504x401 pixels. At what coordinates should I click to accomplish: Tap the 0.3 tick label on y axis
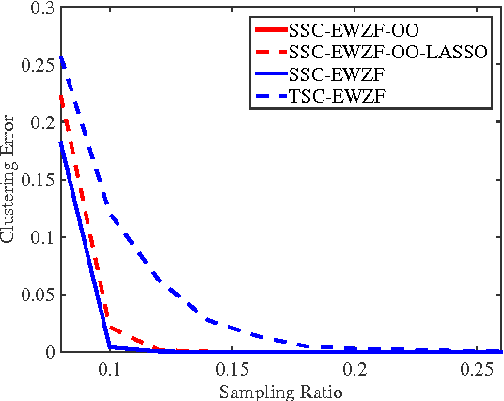pyautogui.click(x=40, y=8)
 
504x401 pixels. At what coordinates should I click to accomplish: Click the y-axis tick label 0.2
pyautogui.click(x=40, y=123)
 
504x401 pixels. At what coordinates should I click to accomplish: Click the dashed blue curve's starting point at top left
pyautogui.click(x=60, y=56)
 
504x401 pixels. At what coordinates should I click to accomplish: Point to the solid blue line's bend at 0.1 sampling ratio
pyautogui.click(x=109, y=347)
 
